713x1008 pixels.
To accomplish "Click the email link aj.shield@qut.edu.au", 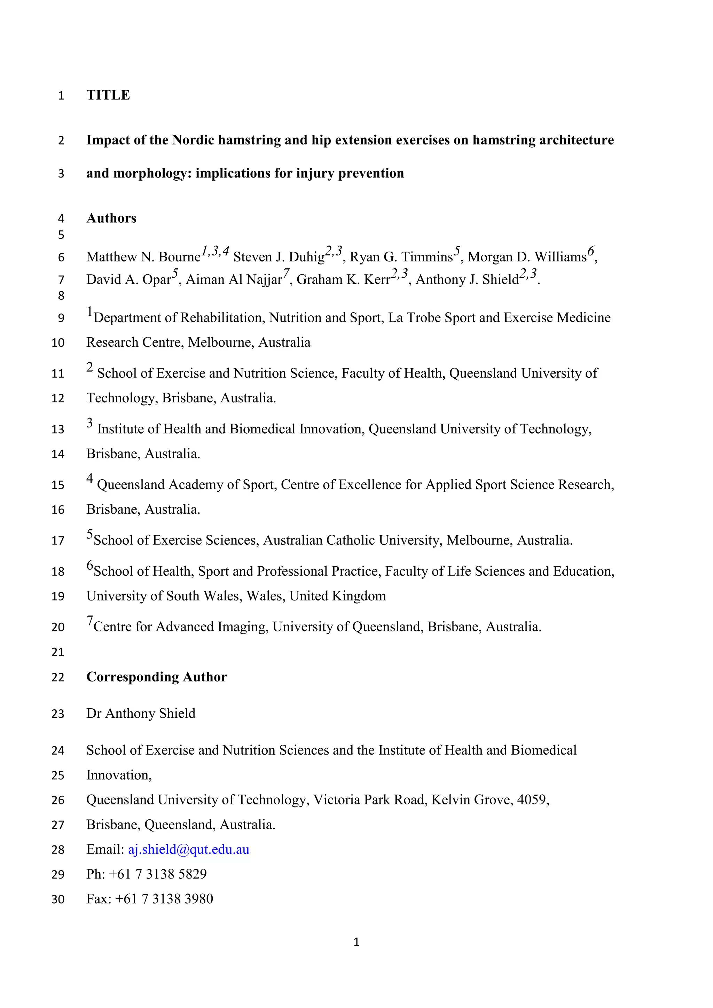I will (188, 849).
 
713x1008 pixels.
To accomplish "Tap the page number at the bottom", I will (356, 942).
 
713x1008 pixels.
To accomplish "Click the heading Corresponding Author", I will (156, 677).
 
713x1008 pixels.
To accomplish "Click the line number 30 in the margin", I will (58, 899).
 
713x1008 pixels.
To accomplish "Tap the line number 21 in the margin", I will (58, 652).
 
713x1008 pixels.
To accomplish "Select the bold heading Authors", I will (111, 218).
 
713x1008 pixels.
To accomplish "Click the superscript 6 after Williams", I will (591, 252).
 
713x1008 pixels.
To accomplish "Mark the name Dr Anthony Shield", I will (141, 714).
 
